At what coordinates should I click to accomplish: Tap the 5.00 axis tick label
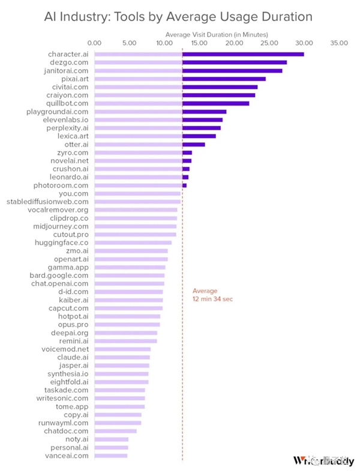pos(129,43)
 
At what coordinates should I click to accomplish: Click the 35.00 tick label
pos(338,43)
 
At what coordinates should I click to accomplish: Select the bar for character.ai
pos(199,55)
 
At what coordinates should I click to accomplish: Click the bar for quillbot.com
pos(172,103)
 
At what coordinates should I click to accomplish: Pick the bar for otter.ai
pos(149,144)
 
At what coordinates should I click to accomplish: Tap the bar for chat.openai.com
pos(129,283)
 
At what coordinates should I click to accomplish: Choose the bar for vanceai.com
pos(111,456)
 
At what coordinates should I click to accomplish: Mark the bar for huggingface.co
pos(133,243)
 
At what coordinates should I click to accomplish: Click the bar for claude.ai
pos(122,357)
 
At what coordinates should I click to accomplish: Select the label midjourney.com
pos(61,226)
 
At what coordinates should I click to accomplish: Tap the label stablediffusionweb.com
pos(47,202)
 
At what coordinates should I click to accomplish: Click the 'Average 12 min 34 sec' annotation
pos(212,295)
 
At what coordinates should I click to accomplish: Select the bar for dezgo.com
pos(190,62)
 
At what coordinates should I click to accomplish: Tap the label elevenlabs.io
pos(65,119)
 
